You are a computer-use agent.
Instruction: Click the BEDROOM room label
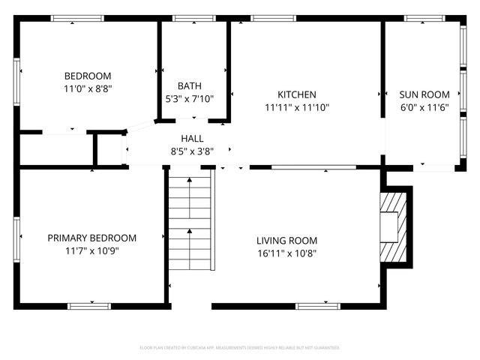(x=88, y=76)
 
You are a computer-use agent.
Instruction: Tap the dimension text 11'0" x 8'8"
(x=88, y=88)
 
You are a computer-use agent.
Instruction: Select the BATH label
(x=189, y=86)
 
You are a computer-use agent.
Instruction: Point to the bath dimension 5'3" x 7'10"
(x=189, y=98)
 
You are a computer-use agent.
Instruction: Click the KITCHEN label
(x=297, y=94)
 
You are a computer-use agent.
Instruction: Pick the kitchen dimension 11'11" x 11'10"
(x=297, y=107)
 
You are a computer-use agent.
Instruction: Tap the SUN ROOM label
(x=424, y=94)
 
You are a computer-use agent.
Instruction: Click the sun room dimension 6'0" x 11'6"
(x=424, y=107)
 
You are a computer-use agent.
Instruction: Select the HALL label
(x=192, y=139)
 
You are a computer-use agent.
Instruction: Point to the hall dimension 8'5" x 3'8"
(x=192, y=151)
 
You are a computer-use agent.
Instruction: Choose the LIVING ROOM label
(x=286, y=241)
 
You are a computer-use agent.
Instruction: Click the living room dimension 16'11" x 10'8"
(x=286, y=253)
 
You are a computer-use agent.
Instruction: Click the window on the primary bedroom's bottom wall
(x=90, y=305)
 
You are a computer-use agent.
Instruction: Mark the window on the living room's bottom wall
(x=318, y=305)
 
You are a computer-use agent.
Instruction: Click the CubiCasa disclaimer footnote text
(x=240, y=348)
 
